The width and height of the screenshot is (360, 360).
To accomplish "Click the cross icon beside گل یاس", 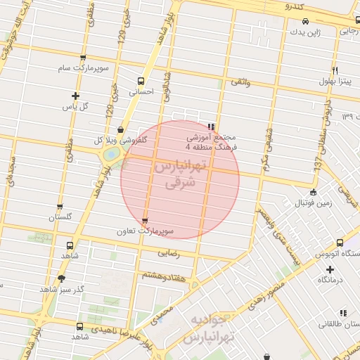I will [x=75, y=96].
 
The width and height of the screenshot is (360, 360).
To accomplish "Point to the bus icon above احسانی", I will [x=141, y=81].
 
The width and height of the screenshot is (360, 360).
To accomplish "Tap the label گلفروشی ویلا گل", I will [x=120, y=140].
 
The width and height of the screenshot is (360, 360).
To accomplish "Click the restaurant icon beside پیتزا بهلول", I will [x=335, y=70].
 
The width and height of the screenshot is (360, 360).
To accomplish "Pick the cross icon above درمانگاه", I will [x=330, y=269].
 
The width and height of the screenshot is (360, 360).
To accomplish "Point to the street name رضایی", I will [x=168, y=251].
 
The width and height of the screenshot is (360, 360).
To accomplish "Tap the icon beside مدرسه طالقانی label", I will [x=343, y=312].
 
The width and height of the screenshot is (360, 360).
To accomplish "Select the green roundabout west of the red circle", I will [x=110, y=154].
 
